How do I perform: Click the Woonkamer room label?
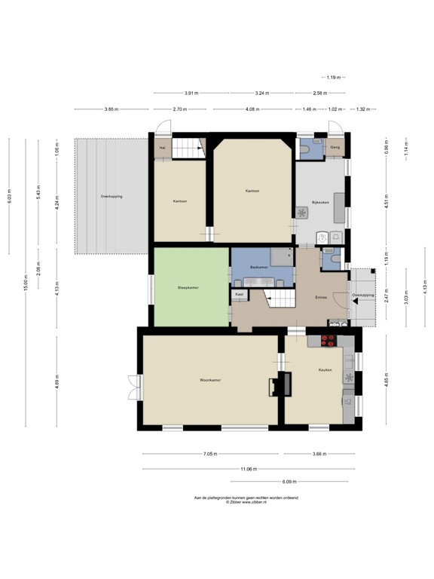click(210, 380)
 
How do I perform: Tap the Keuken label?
click(325, 370)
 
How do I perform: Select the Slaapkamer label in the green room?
click(188, 287)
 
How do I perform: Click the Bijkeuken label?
click(321, 203)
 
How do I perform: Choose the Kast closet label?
click(239, 294)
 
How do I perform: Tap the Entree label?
click(320, 298)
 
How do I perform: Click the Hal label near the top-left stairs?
click(161, 148)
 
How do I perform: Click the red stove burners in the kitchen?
click(329, 340)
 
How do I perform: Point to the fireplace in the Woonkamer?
click(276, 384)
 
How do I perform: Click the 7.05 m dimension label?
click(210, 454)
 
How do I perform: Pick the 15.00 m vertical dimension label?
click(25, 284)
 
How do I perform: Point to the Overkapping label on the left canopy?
click(112, 196)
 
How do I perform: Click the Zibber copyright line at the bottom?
click(246, 501)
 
